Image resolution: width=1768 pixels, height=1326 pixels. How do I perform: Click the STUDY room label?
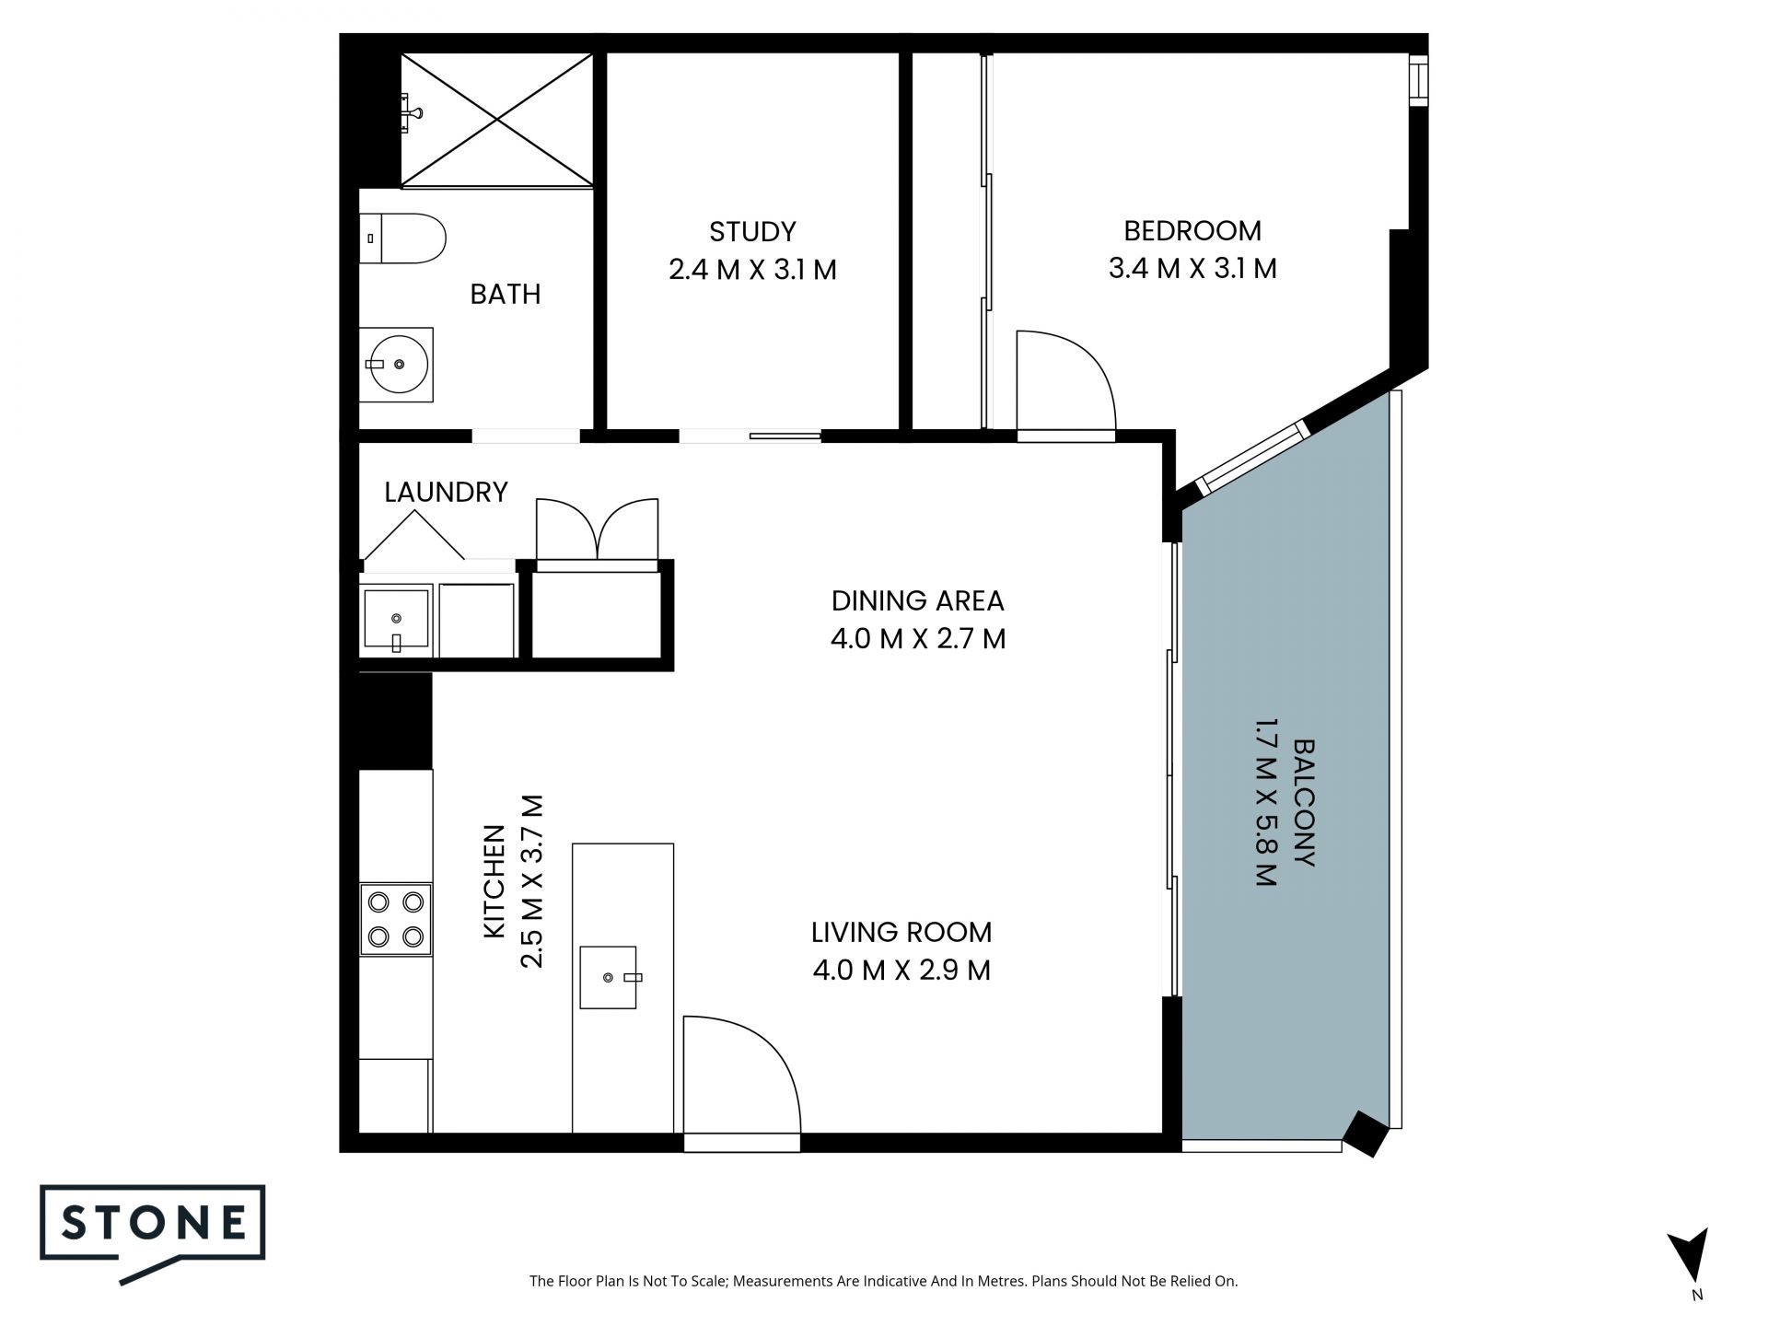click(752, 231)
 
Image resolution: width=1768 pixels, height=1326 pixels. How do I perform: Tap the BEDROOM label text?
click(1192, 230)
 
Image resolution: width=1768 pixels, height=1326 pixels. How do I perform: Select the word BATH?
click(506, 294)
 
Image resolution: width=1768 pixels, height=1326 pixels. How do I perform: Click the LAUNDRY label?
click(446, 492)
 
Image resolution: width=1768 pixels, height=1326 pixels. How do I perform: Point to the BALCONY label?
click(1304, 802)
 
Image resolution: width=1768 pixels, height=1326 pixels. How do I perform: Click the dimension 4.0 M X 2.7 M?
click(918, 638)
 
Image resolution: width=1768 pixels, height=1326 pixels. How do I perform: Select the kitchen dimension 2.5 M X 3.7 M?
click(532, 881)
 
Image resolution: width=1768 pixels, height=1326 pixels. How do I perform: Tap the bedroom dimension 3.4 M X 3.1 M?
click(1192, 268)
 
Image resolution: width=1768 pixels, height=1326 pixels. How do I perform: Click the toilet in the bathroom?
click(402, 238)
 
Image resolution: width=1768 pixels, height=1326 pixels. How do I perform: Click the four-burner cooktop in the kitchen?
click(396, 920)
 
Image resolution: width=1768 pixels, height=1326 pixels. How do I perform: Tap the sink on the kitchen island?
click(609, 976)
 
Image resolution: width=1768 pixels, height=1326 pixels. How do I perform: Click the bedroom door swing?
click(1066, 381)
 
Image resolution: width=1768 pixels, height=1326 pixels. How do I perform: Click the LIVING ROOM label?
click(901, 932)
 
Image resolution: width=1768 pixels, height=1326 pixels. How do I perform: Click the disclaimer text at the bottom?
click(884, 1281)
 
